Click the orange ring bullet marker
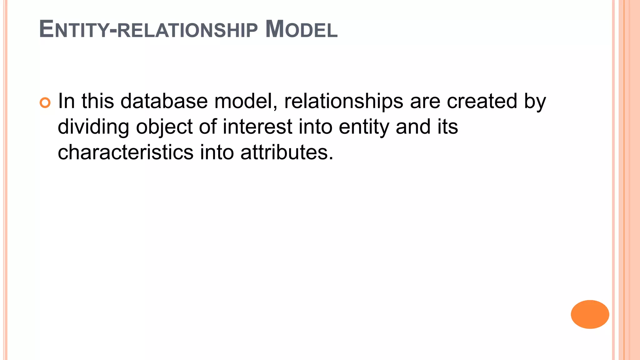(45, 103)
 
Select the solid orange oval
(590, 314)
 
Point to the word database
(164, 101)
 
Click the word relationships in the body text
(343, 102)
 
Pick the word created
(482, 101)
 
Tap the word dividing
(93, 127)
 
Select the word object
(164, 127)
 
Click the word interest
(257, 127)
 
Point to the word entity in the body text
(364, 127)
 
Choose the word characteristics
(126, 152)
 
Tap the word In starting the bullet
(66, 101)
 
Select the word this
(98, 101)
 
